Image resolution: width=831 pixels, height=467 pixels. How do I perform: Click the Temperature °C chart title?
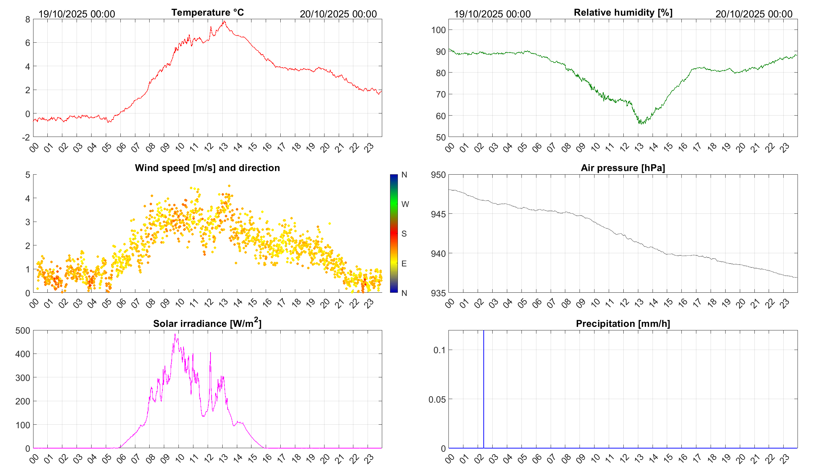[x=208, y=12]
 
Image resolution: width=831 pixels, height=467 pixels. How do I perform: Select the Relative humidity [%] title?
[x=623, y=12]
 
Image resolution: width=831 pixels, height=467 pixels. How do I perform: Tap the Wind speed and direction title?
[x=207, y=168]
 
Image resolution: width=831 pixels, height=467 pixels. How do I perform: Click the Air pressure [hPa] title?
[x=623, y=168]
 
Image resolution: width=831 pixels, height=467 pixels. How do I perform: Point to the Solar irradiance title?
[x=207, y=323]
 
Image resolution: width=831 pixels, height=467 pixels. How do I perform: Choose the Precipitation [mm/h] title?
[x=623, y=324]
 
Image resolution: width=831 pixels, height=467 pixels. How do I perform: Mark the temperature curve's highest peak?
[x=224, y=21]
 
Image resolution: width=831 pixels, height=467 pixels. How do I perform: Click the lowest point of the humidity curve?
[x=640, y=123]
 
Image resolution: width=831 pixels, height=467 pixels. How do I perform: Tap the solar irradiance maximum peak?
[x=175, y=334]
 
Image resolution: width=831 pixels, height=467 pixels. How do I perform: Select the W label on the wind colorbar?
[x=405, y=204]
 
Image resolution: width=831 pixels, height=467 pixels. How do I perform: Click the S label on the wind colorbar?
[x=404, y=234]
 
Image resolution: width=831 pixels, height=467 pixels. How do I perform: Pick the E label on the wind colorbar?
[x=404, y=264]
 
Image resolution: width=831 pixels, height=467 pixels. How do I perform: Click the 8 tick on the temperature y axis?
[x=28, y=19]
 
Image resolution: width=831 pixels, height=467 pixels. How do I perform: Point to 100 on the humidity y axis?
[x=438, y=30]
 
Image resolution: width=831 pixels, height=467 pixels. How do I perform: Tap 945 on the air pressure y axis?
[x=438, y=214]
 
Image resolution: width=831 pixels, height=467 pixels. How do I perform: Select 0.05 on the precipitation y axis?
[x=437, y=399]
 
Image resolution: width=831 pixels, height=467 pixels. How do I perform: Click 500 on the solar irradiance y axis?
[x=23, y=330]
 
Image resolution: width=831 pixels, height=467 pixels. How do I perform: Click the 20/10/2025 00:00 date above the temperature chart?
[x=338, y=14]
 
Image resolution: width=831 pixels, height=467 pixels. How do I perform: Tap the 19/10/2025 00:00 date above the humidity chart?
[x=492, y=14]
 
